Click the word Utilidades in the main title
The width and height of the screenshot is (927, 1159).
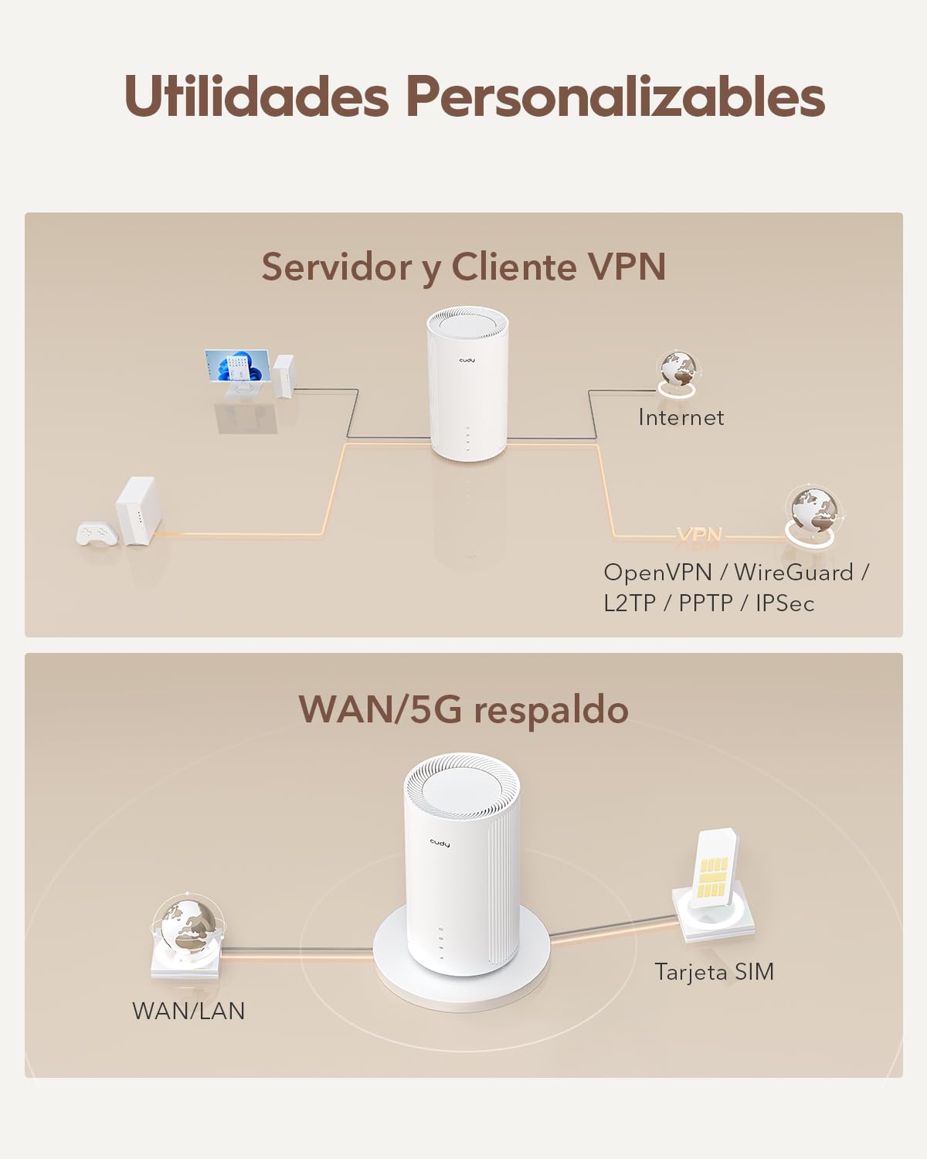(256, 95)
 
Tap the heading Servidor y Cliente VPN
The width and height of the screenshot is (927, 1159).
(463, 267)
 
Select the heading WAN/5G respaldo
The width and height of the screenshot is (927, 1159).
(463, 710)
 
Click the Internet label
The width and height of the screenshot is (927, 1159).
(681, 417)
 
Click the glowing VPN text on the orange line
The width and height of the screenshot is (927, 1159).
(699, 534)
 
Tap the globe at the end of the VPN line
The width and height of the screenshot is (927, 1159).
(812, 515)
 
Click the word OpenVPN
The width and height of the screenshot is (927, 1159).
(657, 573)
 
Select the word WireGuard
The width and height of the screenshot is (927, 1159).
(794, 573)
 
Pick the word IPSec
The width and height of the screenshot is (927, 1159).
(785, 603)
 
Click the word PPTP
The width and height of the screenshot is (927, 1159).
(705, 603)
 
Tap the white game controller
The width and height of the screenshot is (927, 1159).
(97, 532)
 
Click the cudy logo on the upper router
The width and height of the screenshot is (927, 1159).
(467, 360)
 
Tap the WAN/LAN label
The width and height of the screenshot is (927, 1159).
(188, 1011)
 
